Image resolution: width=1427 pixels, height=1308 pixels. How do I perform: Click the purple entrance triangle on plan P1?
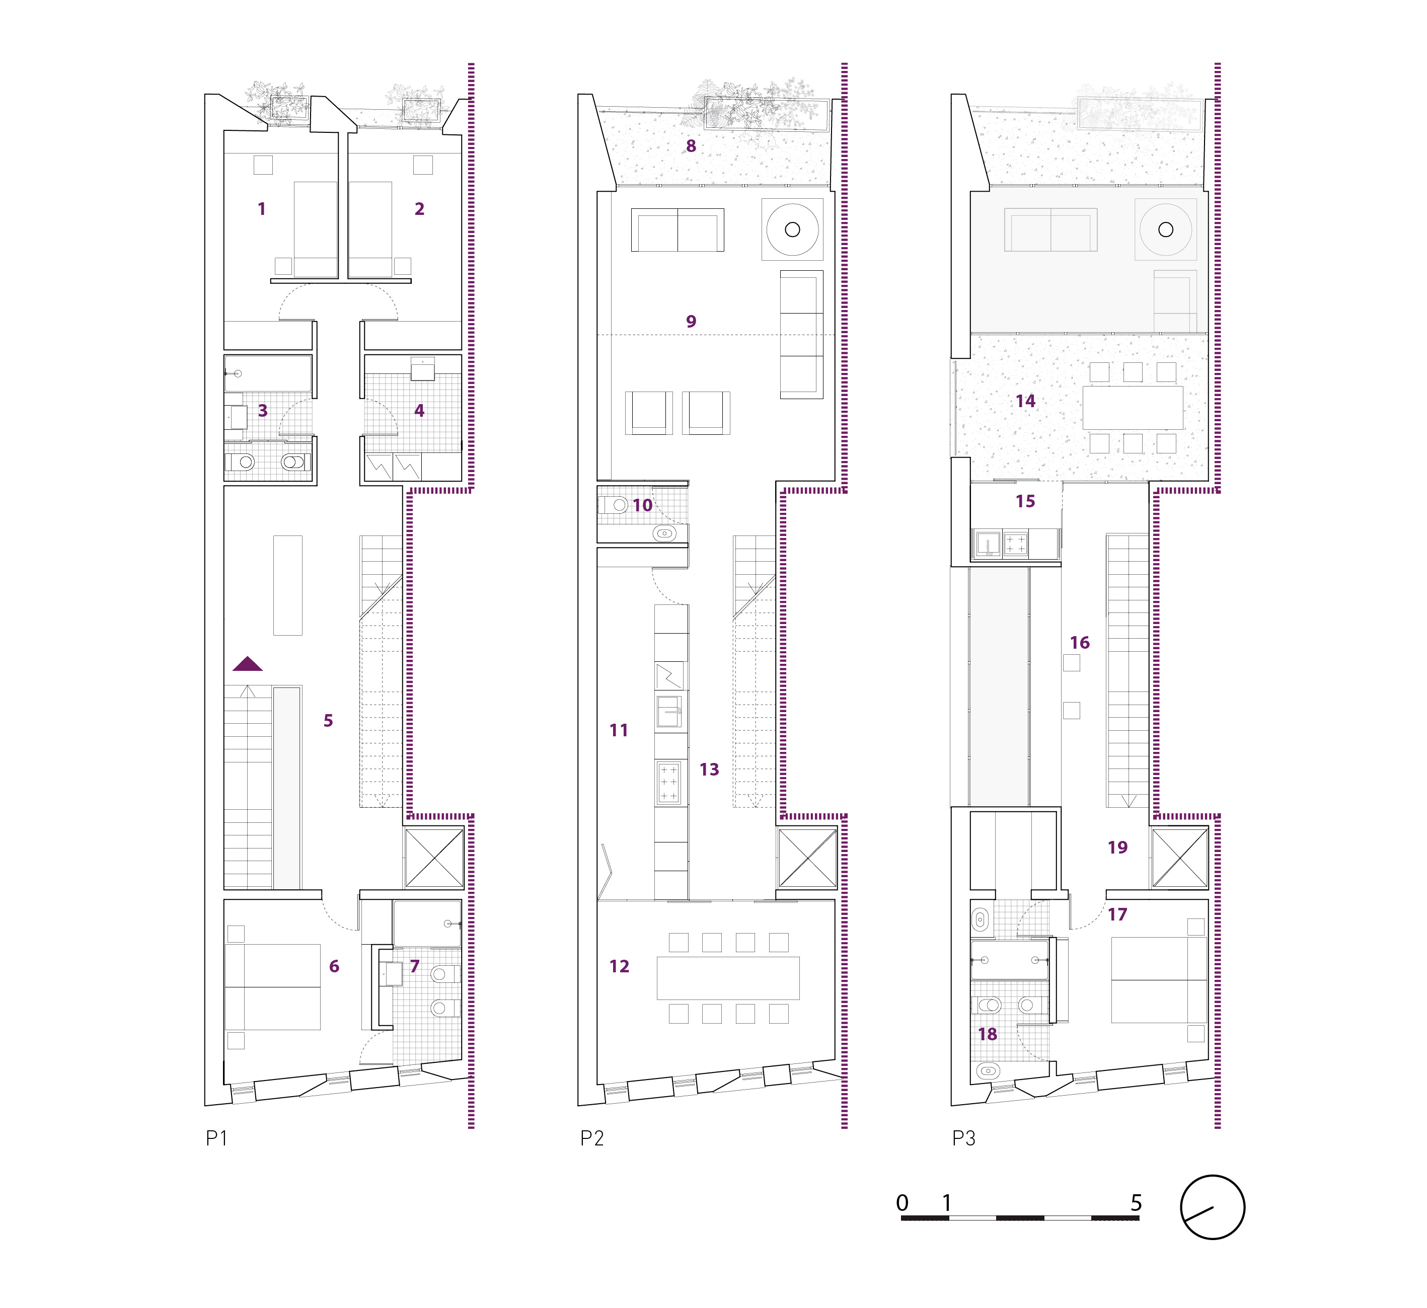[x=248, y=664]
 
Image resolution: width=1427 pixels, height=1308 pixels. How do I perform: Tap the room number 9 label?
[x=691, y=321]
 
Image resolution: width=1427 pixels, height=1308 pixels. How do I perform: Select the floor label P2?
[x=592, y=1138]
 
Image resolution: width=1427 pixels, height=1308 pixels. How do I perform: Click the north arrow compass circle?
[x=1212, y=1207]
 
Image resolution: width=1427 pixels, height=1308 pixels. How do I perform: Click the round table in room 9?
[x=792, y=229]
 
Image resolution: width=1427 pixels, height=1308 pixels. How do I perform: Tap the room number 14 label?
[x=1025, y=401]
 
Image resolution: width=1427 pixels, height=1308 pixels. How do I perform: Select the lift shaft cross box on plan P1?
[x=434, y=857]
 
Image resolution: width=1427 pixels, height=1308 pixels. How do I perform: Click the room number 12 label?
[x=619, y=966]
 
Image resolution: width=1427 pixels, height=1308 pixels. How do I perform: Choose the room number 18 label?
[x=988, y=1034]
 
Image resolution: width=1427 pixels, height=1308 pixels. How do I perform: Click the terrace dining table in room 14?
[x=1133, y=408]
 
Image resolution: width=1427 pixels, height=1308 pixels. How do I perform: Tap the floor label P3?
[x=963, y=1138]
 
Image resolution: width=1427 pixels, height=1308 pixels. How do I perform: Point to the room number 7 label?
[x=415, y=966]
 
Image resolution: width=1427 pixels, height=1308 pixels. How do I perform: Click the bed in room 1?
[x=316, y=229]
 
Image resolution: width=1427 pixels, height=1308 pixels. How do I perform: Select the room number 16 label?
[x=1080, y=643]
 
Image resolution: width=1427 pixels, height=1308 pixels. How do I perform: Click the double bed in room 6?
[x=272, y=987]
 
